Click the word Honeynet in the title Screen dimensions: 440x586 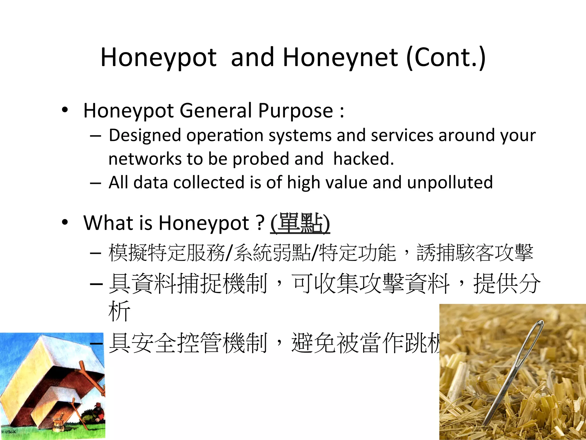(340, 57)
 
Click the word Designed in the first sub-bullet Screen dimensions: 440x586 (145, 135)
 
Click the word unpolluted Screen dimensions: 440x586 (450, 183)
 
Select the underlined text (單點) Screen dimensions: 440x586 (300, 223)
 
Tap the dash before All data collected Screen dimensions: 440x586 (95, 182)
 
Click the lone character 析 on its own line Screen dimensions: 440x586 (119, 311)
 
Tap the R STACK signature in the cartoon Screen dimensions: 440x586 (9, 431)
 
